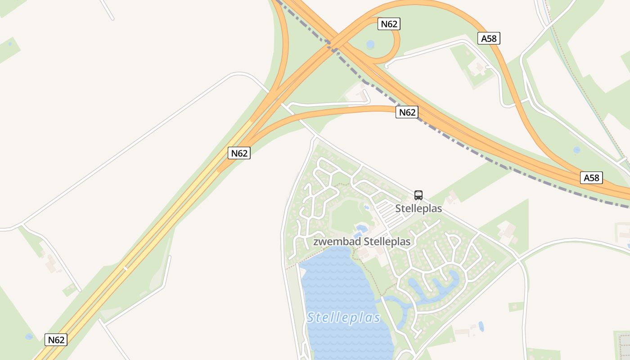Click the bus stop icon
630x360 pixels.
tap(418, 195)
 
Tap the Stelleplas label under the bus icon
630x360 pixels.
tap(418, 209)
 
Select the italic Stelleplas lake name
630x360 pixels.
tap(344, 318)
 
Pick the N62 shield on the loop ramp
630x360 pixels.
tap(389, 24)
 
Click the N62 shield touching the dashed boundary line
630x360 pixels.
tap(407, 112)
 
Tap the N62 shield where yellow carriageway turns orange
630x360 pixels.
tap(239, 153)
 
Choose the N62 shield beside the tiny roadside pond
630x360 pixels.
tap(56, 340)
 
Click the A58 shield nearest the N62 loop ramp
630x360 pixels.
tap(489, 38)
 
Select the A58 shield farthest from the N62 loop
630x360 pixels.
tap(591, 178)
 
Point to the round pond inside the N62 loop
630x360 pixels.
tap(370, 44)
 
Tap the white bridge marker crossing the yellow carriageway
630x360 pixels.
tap(126, 268)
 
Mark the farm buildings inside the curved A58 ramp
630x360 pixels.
tap(477, 68)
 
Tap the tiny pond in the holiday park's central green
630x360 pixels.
tap(366, 207)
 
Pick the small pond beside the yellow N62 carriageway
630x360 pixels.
tap(29, 336)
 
